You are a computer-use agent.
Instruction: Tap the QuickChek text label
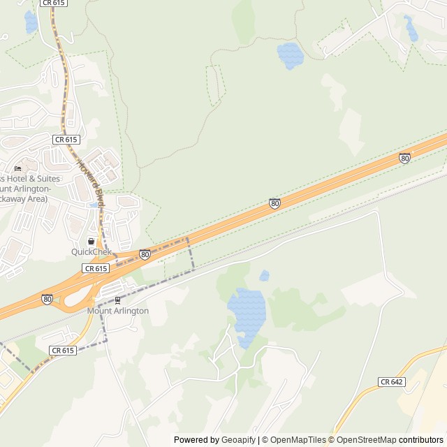(91, 251)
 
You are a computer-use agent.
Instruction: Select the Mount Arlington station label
(117, 311)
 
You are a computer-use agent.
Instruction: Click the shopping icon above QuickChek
(91, 241)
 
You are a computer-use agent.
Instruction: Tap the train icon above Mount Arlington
(117, 300)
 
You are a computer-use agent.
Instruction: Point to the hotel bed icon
(17, 168)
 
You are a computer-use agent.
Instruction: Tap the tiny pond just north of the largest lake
(264, 276)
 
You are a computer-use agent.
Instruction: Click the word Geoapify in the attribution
(239, 440)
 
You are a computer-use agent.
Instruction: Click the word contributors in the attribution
(421, 440)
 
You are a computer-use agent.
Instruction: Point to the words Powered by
(196, 440)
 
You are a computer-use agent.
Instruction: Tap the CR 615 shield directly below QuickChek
(96, 268)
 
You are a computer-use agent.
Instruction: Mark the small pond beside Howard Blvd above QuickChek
(94, 205)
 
